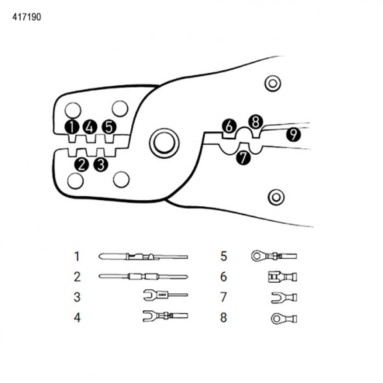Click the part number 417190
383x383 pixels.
27,17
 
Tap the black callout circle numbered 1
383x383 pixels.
72,127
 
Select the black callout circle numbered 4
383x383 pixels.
90,127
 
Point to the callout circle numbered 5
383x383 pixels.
109,127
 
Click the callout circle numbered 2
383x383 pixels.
81,165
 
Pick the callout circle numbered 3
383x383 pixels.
101,165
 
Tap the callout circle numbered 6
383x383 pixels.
229,126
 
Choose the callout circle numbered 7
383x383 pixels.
243,157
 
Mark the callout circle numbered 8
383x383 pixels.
256,122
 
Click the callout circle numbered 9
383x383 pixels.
294,134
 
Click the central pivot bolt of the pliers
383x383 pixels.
165,142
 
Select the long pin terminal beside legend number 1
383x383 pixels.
143,256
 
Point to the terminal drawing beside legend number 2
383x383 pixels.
143,277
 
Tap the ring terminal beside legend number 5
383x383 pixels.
274,256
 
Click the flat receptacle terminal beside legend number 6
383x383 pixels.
283,277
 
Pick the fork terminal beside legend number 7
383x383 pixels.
284,298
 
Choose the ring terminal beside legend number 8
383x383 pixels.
284,319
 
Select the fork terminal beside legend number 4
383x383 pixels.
165,316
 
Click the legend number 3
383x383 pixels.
77,297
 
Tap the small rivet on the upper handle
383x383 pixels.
272,83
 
